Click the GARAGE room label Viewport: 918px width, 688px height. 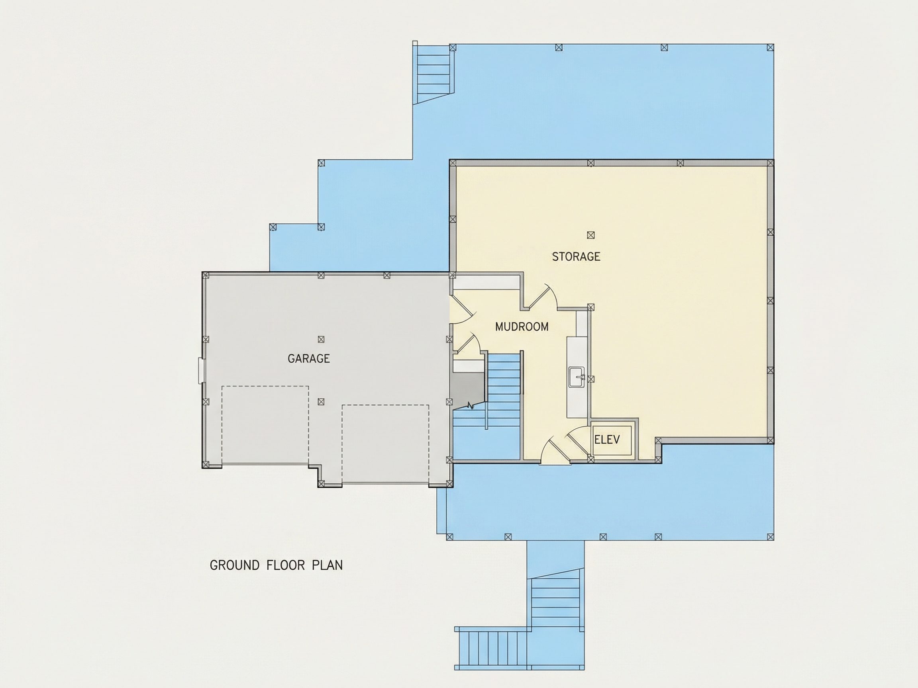(308, 358)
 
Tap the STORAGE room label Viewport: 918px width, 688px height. (576, 256)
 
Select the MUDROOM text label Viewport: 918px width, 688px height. (522, 327)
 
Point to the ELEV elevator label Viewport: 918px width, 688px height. (607, 440)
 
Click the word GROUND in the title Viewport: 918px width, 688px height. (234, 565)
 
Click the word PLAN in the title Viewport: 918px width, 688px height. (327, 565)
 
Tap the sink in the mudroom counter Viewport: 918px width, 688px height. (577, 377)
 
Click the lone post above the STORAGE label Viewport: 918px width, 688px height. (590, 235)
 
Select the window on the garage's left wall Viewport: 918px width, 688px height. (201, 370)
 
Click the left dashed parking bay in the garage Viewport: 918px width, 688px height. (265, 425)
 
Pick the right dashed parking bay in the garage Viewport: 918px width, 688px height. (386, 444)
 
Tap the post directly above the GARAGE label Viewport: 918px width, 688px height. (321, 339)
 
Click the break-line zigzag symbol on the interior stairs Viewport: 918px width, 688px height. (471, 405)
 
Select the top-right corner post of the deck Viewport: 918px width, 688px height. (770, 48)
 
